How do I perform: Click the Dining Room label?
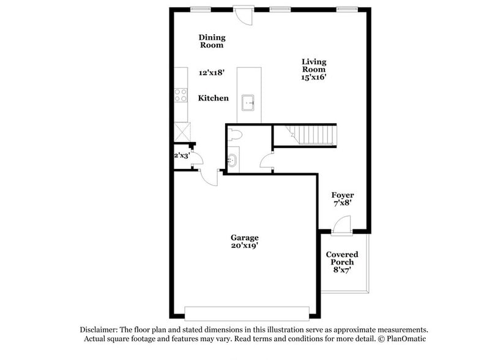click(211, 41)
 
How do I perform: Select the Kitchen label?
click(213, 98)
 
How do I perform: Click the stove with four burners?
click(181, 95)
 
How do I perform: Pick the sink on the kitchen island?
click(248, 102)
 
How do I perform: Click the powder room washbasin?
click(233, 161)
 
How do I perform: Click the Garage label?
click(244, 238)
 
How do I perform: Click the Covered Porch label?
click(341, 258)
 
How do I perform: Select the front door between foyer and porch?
click(342, 228)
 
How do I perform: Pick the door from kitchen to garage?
click(210, 178)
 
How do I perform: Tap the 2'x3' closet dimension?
click(181, 156)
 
